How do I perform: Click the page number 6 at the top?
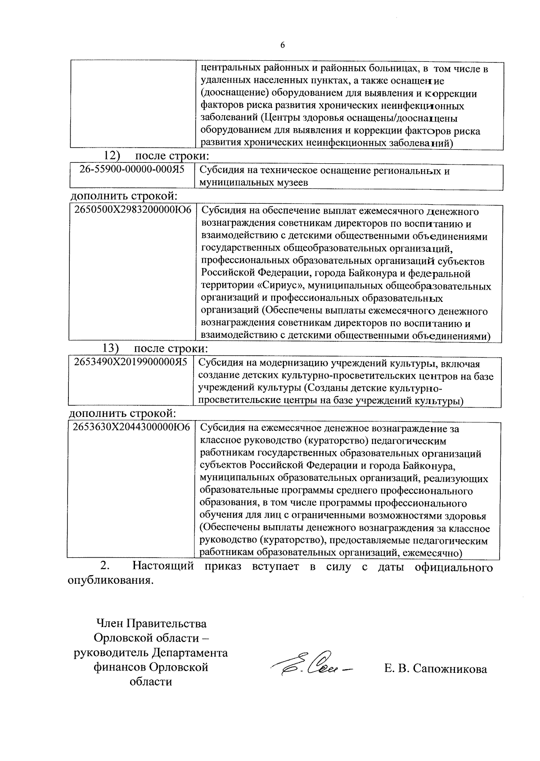point(282,45)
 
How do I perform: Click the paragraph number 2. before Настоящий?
point(104,566)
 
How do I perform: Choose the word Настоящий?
point(163,566)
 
